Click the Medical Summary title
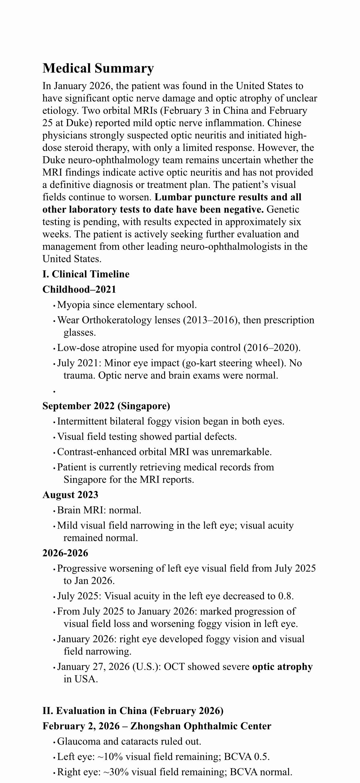(x=98, y=68)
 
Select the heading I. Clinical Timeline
(x=86, y=274)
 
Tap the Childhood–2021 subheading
(x=79, y=289)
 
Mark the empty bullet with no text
(x=54, y=392)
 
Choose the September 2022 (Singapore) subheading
(x=106, y=406)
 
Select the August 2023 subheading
(x=70, y=495)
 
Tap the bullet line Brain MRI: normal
(x=99, y=510)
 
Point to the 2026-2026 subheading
(x=65, y=553)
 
